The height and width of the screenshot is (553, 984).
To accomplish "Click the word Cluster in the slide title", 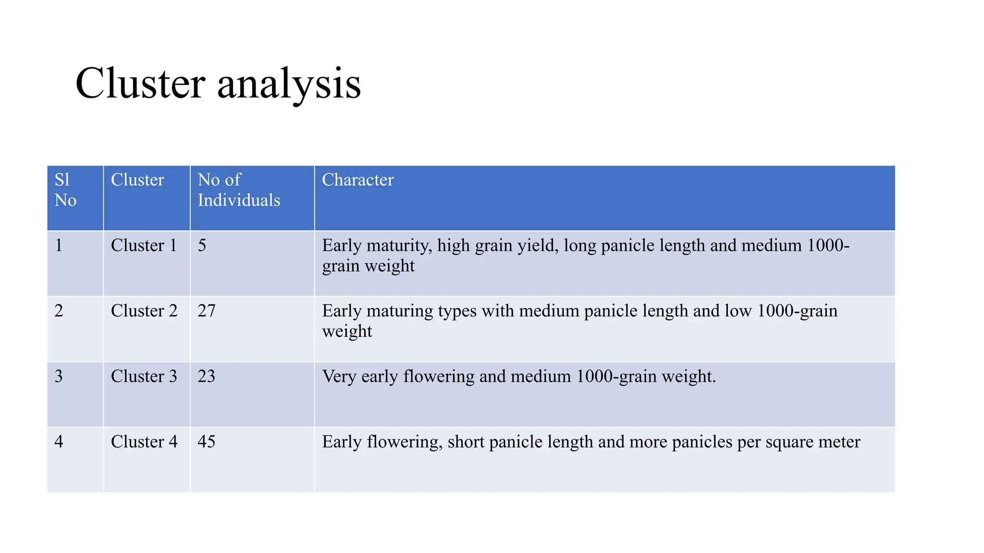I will (140, 84).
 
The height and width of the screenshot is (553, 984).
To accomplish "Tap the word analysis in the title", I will (289, 84).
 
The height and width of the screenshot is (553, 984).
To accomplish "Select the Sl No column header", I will (65, 190).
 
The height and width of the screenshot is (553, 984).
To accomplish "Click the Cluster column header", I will (137, 180).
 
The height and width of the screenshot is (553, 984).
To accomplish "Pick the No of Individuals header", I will (239, 190).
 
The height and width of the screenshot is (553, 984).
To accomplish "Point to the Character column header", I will (357, 180).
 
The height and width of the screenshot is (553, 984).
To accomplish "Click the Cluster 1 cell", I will (144, 246).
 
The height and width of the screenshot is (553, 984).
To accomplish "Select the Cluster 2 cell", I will (144, 311).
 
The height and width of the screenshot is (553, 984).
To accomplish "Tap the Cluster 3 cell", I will (144, 376).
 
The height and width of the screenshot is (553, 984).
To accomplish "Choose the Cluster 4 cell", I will (144, 442).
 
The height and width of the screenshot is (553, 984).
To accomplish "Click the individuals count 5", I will (202, 246).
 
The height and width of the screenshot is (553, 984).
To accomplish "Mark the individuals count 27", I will (207, 311).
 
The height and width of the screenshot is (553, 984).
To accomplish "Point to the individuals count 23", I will (207, 376).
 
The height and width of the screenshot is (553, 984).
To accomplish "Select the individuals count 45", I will (207, 442).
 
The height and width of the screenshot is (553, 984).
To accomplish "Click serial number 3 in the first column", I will (59, 376).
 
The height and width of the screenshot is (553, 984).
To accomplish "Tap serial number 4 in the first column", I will (59, 442).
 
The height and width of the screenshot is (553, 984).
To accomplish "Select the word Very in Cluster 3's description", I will (339, 376).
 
